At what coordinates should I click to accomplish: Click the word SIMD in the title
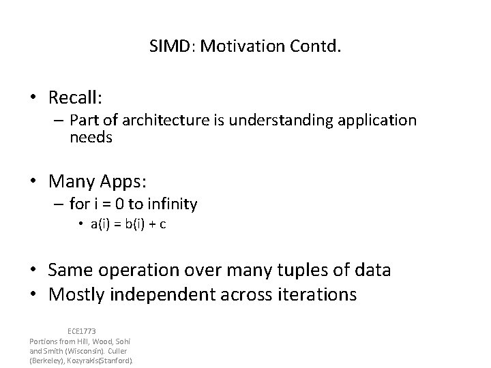[x=166, y=48]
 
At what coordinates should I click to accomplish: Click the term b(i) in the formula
[x=135, y=226]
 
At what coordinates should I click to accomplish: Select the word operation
[x=146, y=271]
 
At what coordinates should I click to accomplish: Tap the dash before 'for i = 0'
[x=59, y=204]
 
